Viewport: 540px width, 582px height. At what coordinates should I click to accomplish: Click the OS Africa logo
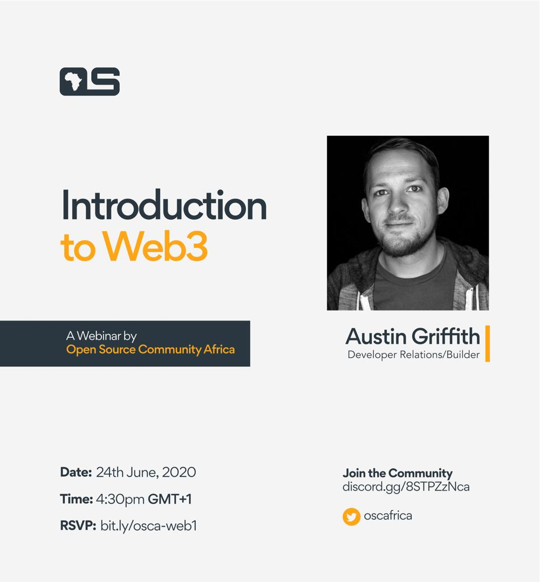coord(90,81)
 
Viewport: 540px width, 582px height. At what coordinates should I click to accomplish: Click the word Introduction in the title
coord(164,205)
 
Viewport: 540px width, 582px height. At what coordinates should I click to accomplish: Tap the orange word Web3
coord(155,246)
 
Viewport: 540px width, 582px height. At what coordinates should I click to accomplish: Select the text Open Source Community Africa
coord(151,349)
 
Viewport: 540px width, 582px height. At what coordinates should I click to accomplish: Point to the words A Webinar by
coord(101,336)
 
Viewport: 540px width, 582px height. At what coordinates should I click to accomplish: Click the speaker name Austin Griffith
coord(413,336)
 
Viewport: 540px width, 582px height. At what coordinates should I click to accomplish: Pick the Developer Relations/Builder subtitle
coord(414,355)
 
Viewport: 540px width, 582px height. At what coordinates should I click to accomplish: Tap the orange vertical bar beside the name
coord(488,343)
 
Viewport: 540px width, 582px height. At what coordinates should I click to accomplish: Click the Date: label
coord(76,472)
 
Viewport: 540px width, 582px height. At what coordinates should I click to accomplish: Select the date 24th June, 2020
coord(146,473)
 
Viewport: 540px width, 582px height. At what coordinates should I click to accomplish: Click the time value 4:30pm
coord(120,500)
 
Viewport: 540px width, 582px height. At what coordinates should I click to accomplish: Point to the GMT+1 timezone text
coord(170,499)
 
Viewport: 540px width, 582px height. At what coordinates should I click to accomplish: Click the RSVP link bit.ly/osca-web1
coord(149,526)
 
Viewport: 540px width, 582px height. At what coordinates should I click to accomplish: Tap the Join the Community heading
coord(398,473)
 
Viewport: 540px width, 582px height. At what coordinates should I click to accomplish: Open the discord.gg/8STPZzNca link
coord(406,487)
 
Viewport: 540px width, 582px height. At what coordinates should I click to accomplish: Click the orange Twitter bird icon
coord(352,517)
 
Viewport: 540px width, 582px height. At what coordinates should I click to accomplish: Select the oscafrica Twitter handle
coord(388,516)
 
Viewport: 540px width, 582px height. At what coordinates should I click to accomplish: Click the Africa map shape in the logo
coord(73,81)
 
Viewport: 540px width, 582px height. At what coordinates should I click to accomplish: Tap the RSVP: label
coord(78,525)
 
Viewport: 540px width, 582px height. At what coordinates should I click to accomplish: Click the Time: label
coord(76,499)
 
